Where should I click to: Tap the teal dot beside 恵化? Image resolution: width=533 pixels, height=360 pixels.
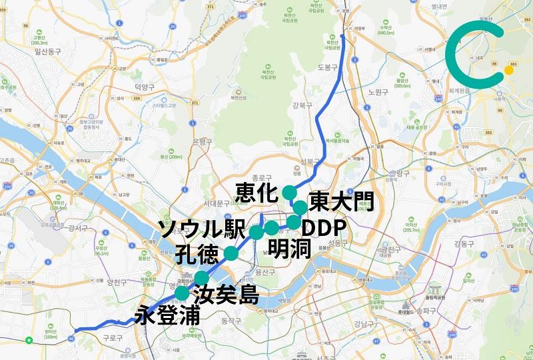288,192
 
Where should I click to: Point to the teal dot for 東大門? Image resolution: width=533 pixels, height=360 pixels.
300,207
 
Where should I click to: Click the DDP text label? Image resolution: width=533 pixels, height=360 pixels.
324,229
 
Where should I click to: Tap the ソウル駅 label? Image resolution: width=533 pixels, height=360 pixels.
201,230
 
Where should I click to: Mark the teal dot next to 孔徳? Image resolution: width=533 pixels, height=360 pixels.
231,253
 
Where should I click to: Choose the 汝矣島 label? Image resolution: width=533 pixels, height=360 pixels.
225,293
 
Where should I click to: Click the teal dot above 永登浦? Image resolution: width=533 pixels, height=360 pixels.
181,293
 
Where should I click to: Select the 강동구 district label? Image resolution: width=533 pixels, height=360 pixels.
462,243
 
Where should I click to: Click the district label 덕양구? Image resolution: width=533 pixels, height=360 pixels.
144,87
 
